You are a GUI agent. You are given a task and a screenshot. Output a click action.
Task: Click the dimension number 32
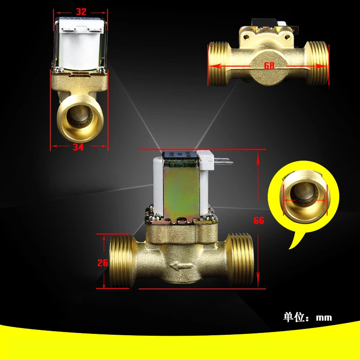coord(81,12)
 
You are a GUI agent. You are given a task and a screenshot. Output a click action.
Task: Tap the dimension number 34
coord(78,147)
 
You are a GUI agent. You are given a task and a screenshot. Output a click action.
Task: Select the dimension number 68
coord(269,66)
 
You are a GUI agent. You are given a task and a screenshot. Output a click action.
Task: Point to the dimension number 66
coord(259,220)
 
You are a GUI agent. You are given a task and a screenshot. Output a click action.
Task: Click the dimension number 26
coord(103,263)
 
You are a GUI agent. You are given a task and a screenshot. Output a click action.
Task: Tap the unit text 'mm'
coord(324,318)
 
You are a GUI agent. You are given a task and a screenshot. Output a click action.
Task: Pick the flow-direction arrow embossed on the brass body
coord(181,266)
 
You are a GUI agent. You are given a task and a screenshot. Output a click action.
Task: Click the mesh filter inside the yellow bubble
coord(303,193)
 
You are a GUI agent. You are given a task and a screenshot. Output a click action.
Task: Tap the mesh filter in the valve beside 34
coord(80,116)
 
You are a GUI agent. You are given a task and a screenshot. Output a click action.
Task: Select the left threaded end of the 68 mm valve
coord(218,64)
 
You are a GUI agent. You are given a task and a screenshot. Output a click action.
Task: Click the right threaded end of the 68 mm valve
coord(317,63)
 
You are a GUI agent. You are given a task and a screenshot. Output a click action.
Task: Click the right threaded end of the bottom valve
coord(240,260)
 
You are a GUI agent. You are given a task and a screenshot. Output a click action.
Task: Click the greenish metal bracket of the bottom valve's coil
coord(182,190)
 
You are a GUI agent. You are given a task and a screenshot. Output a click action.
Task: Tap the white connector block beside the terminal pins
coord(205,160)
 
